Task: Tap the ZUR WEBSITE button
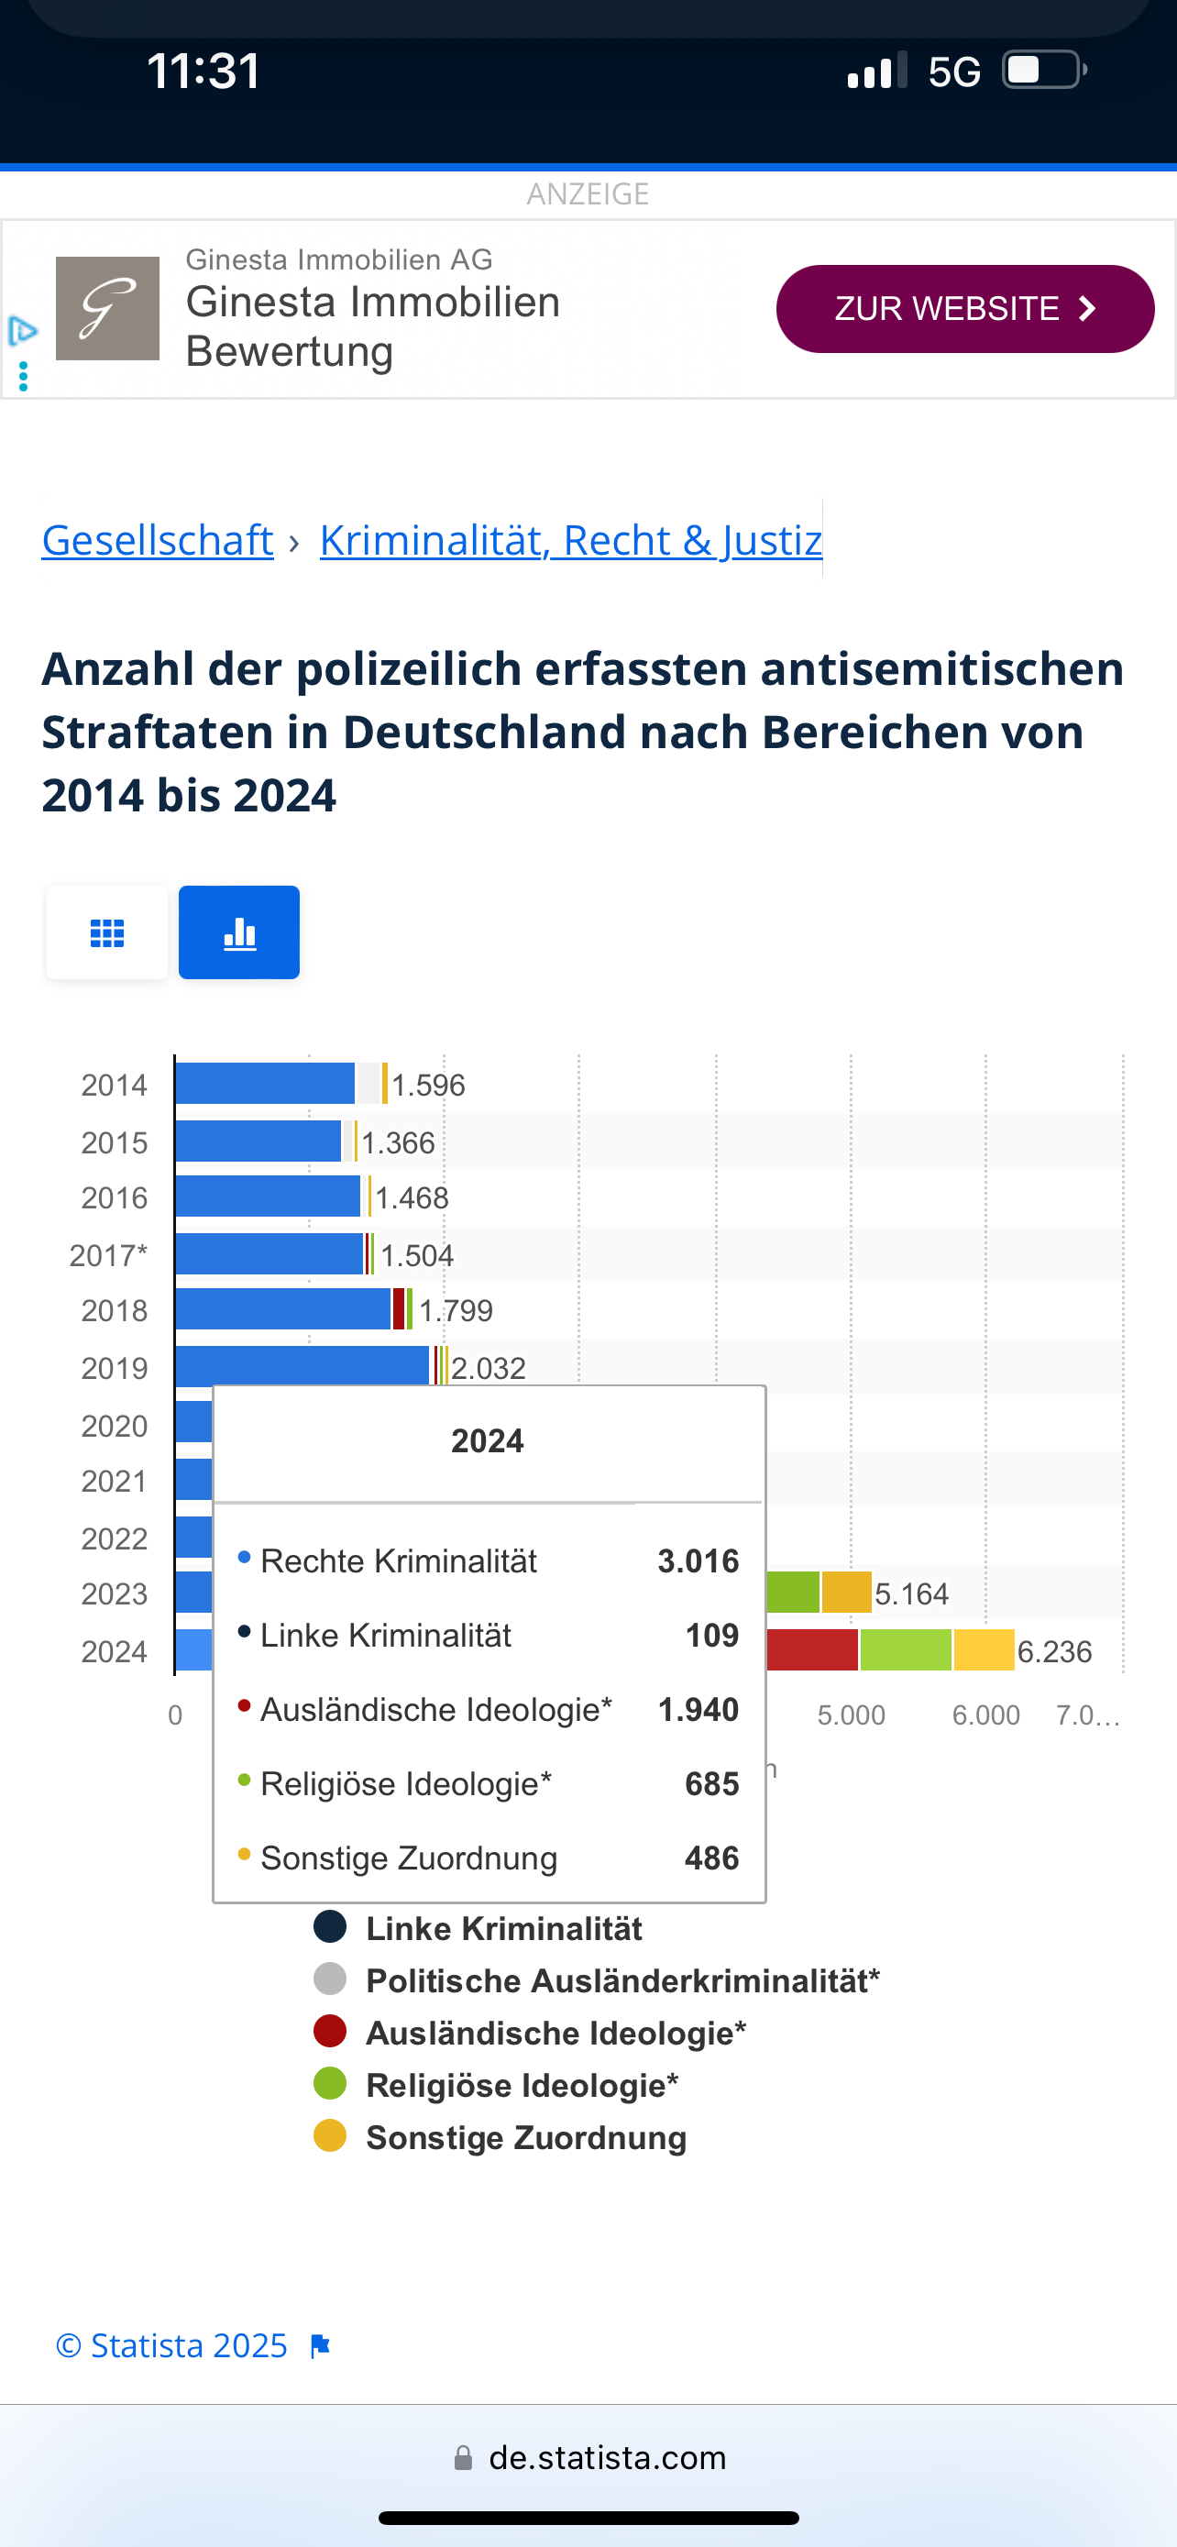pyautogui.click(x=964, y=308)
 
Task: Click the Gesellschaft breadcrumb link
pyautogui.click(x=157, y=541)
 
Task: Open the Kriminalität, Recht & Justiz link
pyautogui.click(x=570, y=541)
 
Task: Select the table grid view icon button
pyautogui.click(x=106, y=932)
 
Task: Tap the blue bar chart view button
pyautogui.click(x=239, y=932)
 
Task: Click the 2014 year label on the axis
pyautogui.click(x=114, y=1086)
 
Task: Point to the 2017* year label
pyautogui.click(x=108, y=1256)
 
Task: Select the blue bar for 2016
pyautogui.click(x=267, y=1197)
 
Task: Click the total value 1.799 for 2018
pyautogui.click(x=456, y=1311)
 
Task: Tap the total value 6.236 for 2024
pyautogui.click(x=1054, y=1652)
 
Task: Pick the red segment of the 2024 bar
pyautogui.click(x=811, y=1650)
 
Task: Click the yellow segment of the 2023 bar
pyautogui.click(x=846, y=1592)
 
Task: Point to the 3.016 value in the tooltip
pyautogui.click(x=698, y=1561)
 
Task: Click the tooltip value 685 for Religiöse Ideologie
pyautogui.click(x=711, y=1783)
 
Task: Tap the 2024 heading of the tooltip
pyautogui.click(x=487, y=1441)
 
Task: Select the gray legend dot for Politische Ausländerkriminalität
pyautogui.click(x=330, y=1979)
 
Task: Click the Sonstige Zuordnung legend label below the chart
pyautogui.click(x=526, y=2138)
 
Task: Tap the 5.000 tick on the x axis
pyautogui.click(x=851, y=1715)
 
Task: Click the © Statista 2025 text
pyautogui.click(x=172, y=2345)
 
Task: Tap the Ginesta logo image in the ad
pyautogui.click(x=108, y=308)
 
